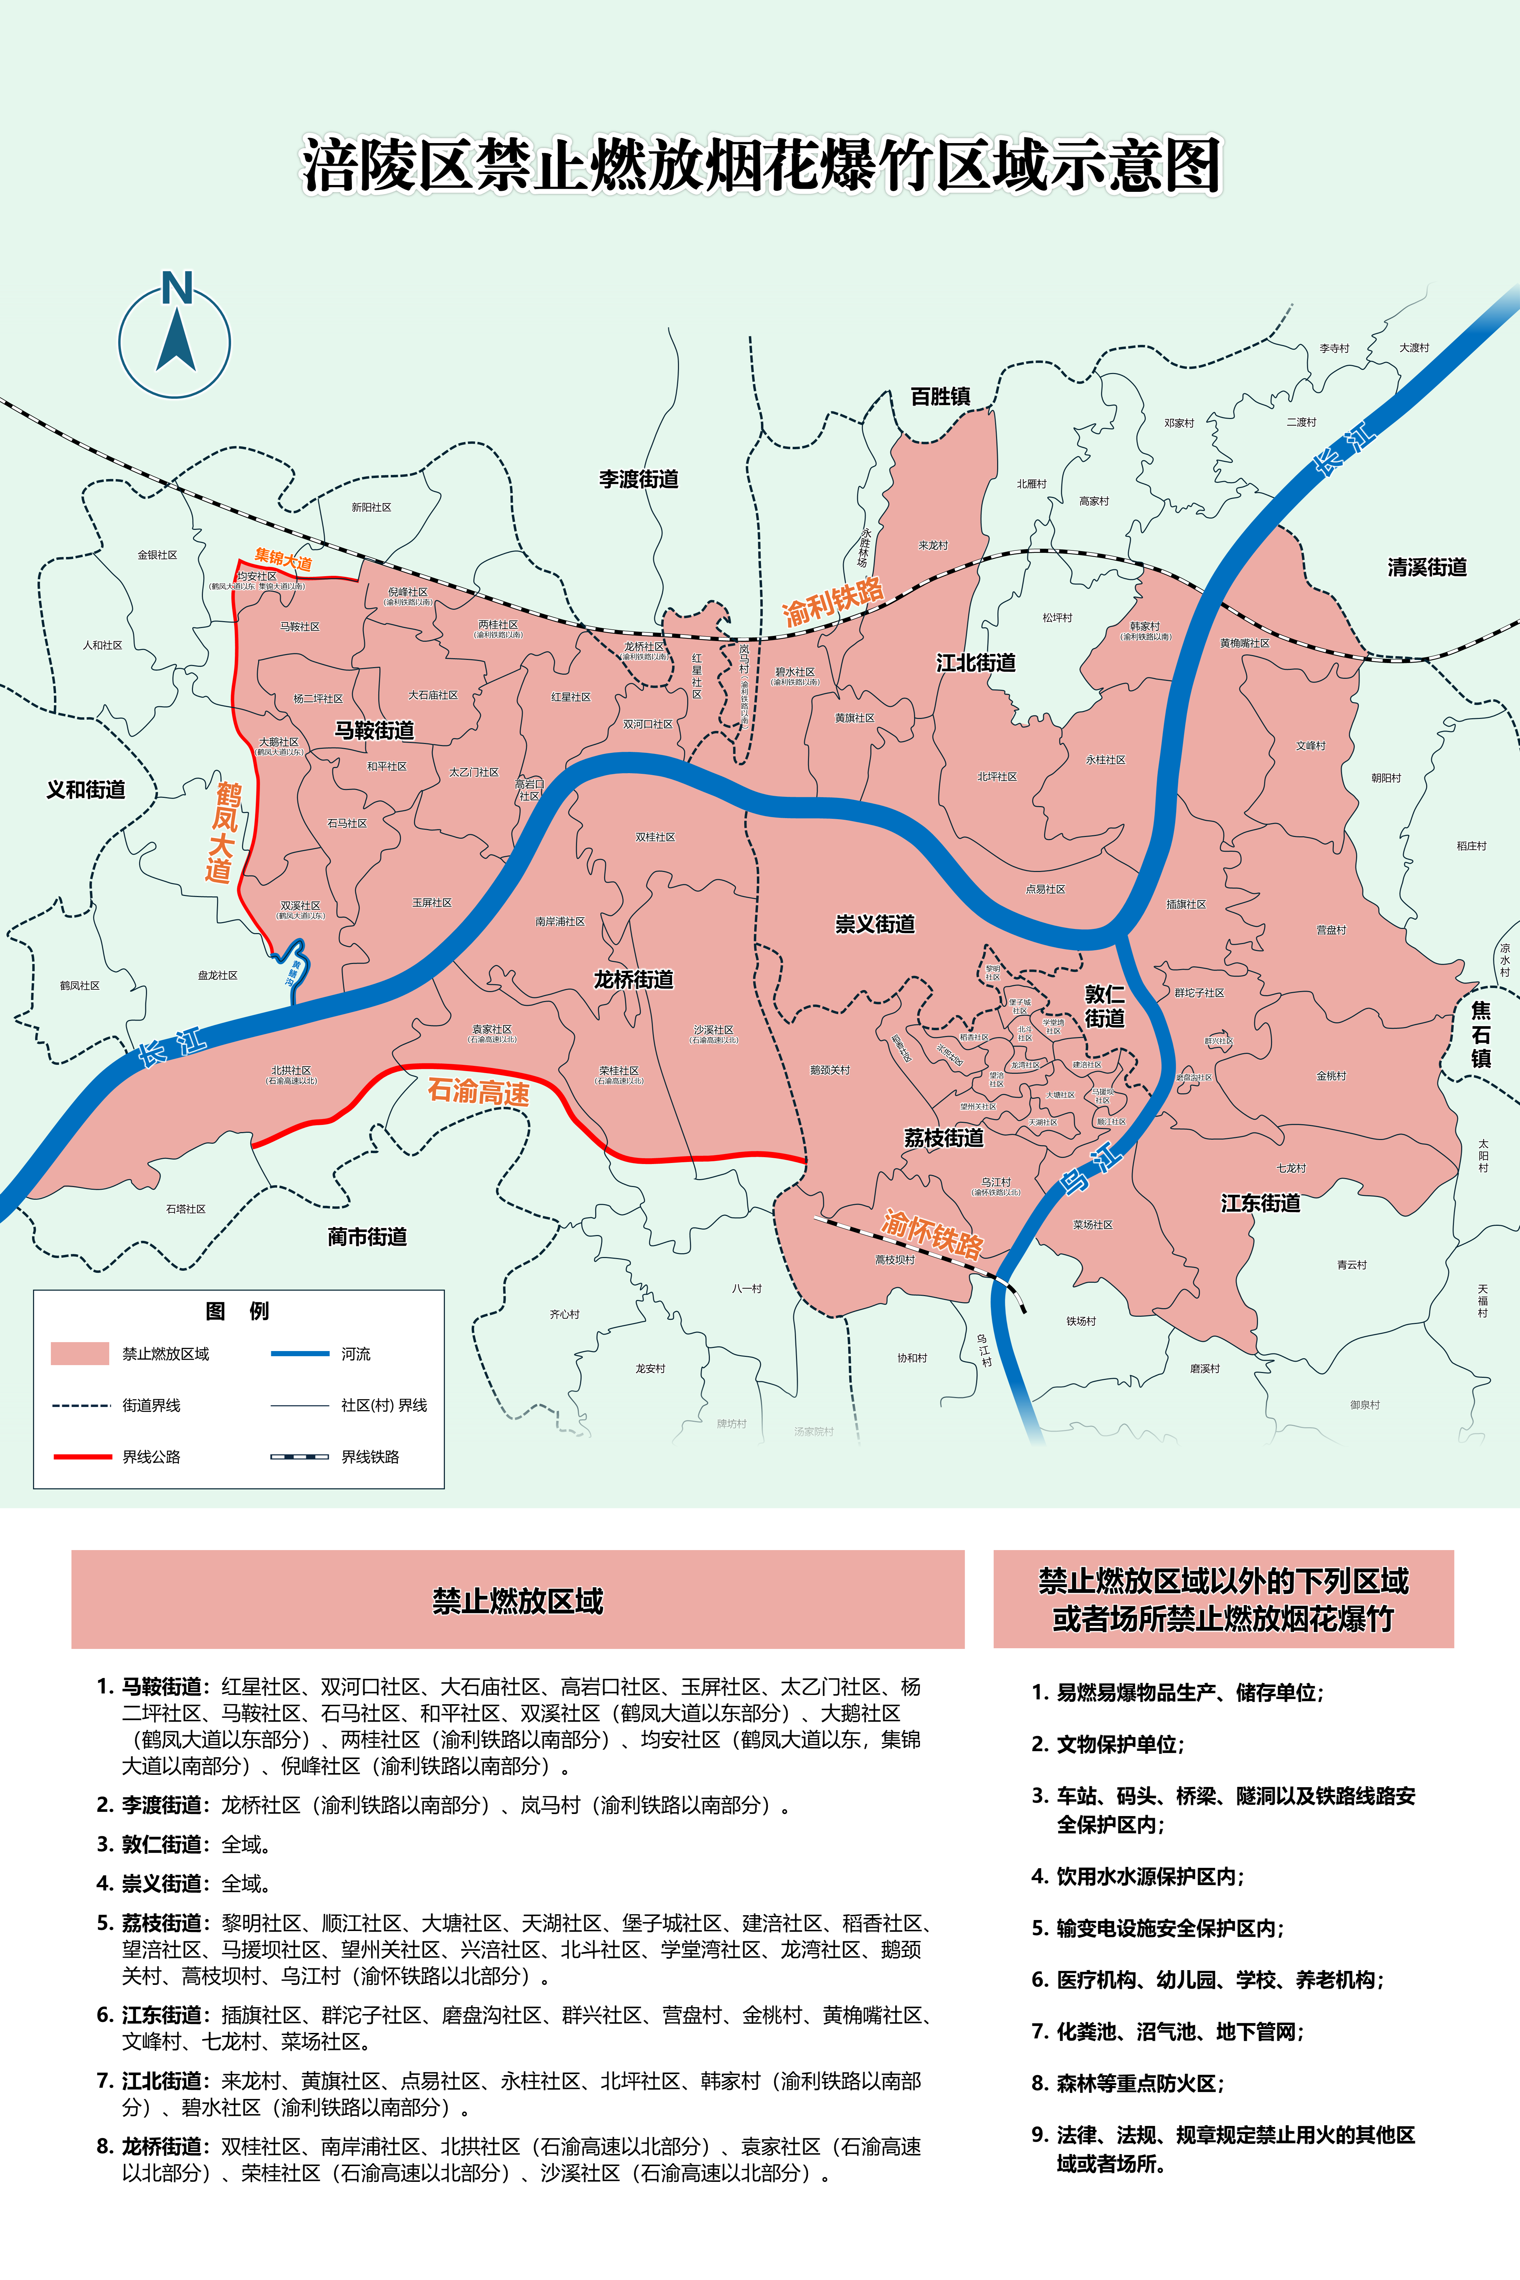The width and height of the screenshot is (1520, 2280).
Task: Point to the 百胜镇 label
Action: (x=940, y=396)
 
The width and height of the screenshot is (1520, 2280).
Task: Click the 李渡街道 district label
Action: (x=639, y=479)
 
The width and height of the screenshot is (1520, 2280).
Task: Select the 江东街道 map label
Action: (x=1260, y=1203)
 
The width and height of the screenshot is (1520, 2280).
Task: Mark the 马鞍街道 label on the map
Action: (x=374, y=730)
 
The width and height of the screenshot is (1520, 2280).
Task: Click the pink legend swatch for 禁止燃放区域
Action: (x=80, y=1353)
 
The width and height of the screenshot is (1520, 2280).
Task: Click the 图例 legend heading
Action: (x=237, y=1311)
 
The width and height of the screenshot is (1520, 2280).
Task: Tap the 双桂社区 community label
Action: (x=655, y=837)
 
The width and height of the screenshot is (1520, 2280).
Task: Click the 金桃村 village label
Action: (x=1331, y=1076)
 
